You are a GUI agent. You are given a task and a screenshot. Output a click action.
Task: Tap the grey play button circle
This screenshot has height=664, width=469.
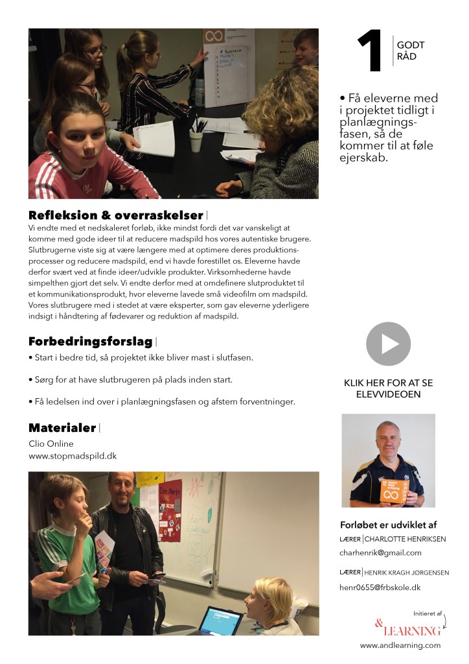[x=388, y=344]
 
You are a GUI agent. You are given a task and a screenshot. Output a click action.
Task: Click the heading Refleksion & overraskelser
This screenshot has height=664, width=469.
[x=116, y=215]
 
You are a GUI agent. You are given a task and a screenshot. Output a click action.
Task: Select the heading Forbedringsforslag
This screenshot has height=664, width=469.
[x=90, y=341]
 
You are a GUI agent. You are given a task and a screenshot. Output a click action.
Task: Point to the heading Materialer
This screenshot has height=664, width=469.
[x=62, y=427]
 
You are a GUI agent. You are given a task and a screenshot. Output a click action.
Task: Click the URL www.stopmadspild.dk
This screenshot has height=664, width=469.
[x=73, y=456]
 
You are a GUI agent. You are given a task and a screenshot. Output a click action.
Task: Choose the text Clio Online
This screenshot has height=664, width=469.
[x=51, y=444]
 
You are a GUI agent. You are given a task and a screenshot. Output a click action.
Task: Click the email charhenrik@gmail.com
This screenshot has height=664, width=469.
[x=380, y=552]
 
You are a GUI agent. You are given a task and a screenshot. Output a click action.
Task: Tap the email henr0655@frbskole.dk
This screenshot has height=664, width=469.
[x=380, y=587]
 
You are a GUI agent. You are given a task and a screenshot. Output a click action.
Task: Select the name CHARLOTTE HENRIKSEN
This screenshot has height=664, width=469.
[x=405, y=539]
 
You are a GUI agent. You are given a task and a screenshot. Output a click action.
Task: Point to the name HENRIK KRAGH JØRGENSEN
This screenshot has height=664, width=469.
[x=406, y=573]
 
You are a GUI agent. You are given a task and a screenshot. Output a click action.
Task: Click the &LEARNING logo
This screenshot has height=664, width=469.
[x=407, y=628]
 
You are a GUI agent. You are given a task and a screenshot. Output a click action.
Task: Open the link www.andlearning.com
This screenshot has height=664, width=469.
[x=400, y=645]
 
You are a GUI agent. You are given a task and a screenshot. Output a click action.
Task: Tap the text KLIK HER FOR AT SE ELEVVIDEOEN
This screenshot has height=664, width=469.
[x=388, y=388]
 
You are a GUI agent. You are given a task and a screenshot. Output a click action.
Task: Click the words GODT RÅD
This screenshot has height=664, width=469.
[x=411, y=52]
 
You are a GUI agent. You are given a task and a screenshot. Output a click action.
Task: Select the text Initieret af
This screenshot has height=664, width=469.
[x=427, y=613]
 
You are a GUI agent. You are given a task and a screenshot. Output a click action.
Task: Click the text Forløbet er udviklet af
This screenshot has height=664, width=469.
[x=389, y=525]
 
